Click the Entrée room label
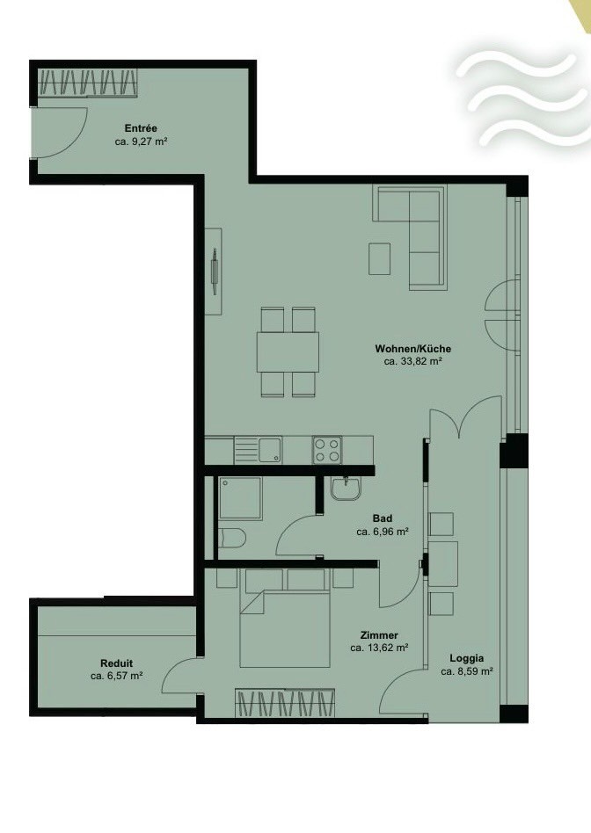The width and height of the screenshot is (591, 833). pyautogui.click(x=141, y=128)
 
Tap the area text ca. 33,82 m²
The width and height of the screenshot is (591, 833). pyautogui.click(x=413, y=361)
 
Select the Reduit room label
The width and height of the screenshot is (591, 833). pyautogui.click(x=116, y=663)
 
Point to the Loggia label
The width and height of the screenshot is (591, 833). pyautogui.click(x=466, y=658)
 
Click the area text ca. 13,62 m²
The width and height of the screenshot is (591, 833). pyautogui.click(x=379, y=648)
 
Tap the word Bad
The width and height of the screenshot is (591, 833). pyautogui.click(x=383, y=518)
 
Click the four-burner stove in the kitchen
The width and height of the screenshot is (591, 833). pyautogui.click(x=327, y=450)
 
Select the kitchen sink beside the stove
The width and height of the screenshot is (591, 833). pyautogui.click(x=258, y=450)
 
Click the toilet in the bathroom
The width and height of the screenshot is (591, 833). pyautogui.click(x=232, y=540)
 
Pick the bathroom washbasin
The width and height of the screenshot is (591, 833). pyautogui.click(x=346, y=488)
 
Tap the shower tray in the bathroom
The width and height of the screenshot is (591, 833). pyautogui.click(x=240, y=498)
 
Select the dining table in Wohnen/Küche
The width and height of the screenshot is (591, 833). pyautogui.click(x=288, y=351)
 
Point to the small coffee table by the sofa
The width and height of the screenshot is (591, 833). pyautogui.click(x=379, y=258)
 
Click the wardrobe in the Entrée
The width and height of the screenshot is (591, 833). pyautogui.click(x=88, y=83)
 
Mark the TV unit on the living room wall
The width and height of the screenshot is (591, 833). pyautogui.click(x=214, y=271)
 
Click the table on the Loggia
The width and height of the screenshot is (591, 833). pyautogui.click(x=442, y=563)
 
